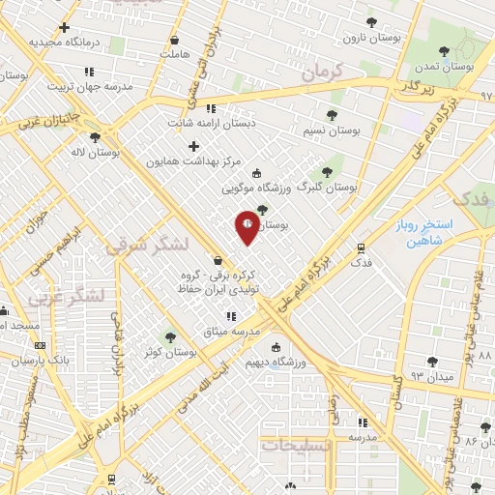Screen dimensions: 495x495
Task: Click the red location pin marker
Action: pyautogui.click(x=247, y=225)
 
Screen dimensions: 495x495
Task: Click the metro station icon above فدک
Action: pyautogui.click(x=361, y=247)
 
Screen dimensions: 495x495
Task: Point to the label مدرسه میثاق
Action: pyautogui.click(x=231, y=332)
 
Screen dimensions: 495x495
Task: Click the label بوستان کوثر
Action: pyautogui.click(x=169, y=352)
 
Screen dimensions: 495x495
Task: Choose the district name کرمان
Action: pyautogui.click(x=321, y=73)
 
